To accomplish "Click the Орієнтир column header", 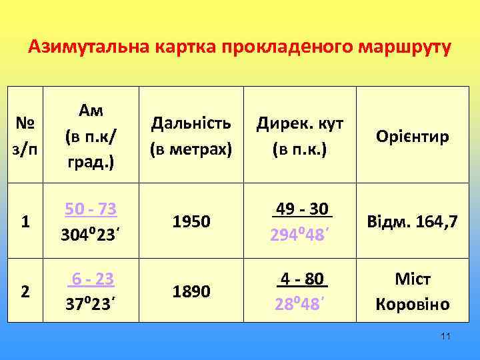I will point(413,137).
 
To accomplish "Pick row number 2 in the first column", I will point(25,291).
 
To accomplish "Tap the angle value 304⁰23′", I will point(91,235).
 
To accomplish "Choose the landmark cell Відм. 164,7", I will point(413,222).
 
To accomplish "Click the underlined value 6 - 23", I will point(91,279).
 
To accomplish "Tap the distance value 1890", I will point(192,291).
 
